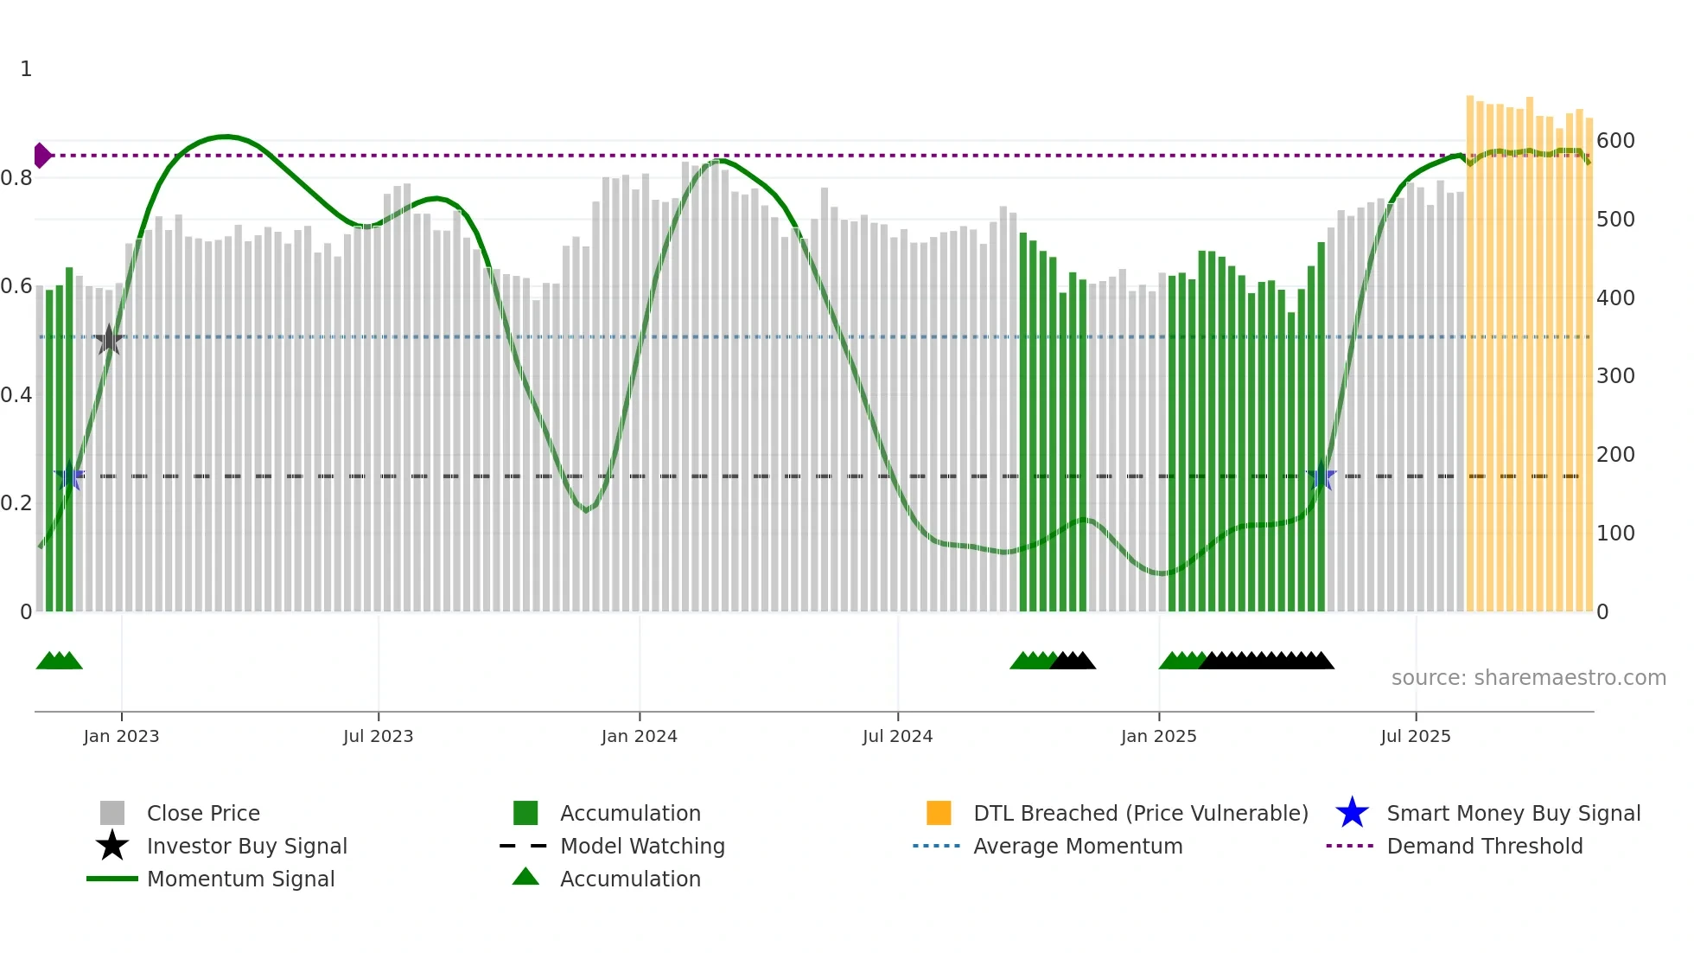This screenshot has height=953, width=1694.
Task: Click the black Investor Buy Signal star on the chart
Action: (x=109, y=340)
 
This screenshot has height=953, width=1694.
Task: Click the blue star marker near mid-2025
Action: (x=1321, y=476)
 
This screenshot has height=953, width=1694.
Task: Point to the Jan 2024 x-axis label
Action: (x=639, y=737)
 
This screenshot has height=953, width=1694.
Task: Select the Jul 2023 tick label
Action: (x=378, y=737)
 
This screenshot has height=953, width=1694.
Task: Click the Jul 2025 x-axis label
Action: (x=1415, y=737)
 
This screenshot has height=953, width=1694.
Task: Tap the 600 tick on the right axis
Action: (x=1615, y=141)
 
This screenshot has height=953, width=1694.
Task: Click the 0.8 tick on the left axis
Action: (x=16, y=178)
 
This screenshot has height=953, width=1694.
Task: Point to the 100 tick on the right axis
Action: (x=1615, y=534)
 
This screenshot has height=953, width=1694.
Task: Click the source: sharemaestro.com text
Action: (x=1528, y=678)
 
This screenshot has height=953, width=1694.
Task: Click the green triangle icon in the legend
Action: (x=525, y=878)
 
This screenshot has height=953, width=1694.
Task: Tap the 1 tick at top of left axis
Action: (x=26, y=69)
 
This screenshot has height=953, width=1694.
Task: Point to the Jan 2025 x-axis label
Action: (x=1158, y=737)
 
